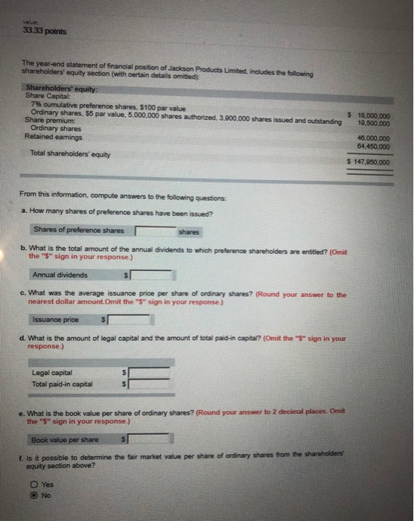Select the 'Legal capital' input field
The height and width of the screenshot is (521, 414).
pyautogui.click(x=150, y=373)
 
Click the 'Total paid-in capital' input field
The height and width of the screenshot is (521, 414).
pyautogui.click(x=150, y=384)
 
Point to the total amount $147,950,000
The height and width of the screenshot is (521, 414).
pyautogui.click(x=370, y=162)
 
